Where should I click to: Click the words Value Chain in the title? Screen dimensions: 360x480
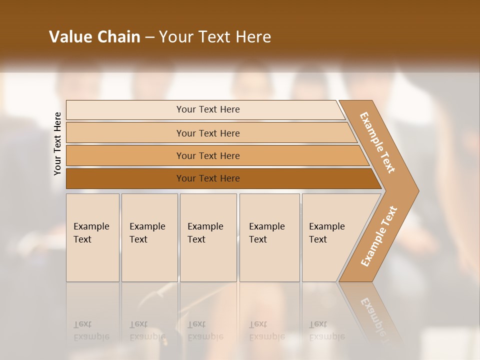coord(94,37)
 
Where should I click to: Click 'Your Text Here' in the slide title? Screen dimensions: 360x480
coord(215,37)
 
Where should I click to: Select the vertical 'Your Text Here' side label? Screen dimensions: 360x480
coord(57,144)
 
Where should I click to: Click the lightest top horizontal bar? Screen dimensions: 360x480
coord(125,110)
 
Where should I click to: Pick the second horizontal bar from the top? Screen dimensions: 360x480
coord(125,133)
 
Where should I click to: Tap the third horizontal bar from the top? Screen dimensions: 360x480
coord(125,156)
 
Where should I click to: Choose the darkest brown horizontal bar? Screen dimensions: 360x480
coord(125,178)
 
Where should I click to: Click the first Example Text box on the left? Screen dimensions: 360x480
coord(92,250)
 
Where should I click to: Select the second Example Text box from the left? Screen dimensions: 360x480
coord(149,250)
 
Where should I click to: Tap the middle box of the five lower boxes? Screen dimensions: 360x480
coord(208,250)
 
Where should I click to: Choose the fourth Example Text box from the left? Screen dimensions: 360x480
coord(269,250)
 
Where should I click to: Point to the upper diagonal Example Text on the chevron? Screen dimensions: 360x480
coord(377,142)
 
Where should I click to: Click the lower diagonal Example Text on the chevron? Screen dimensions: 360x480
coord(378,236)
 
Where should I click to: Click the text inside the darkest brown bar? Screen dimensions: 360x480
coord(208,178)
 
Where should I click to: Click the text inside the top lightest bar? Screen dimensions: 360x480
coord(208,109)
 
